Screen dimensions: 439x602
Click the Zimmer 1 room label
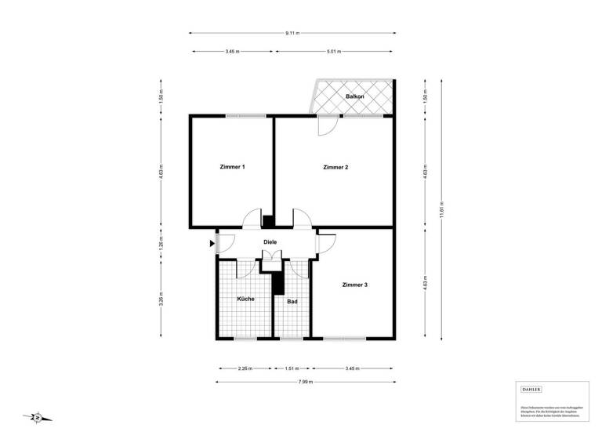click(233, 167)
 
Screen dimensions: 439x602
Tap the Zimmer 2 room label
click(335, 167)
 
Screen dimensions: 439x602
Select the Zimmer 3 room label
click(354, 285)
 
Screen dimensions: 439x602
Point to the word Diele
click(270, 242)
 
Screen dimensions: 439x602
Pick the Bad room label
click(292, 302)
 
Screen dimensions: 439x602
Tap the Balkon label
click(355, 96)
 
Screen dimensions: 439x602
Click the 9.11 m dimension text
click(292, 34)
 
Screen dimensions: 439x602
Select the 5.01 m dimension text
click(333, 52)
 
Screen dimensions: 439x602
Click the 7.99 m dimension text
click(305, 382)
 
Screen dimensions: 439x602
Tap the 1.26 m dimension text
click(161, 242)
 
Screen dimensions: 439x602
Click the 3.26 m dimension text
click(161, 300)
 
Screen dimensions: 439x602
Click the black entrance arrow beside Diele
click(212, 244)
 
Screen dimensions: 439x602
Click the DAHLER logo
click(531, 389)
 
